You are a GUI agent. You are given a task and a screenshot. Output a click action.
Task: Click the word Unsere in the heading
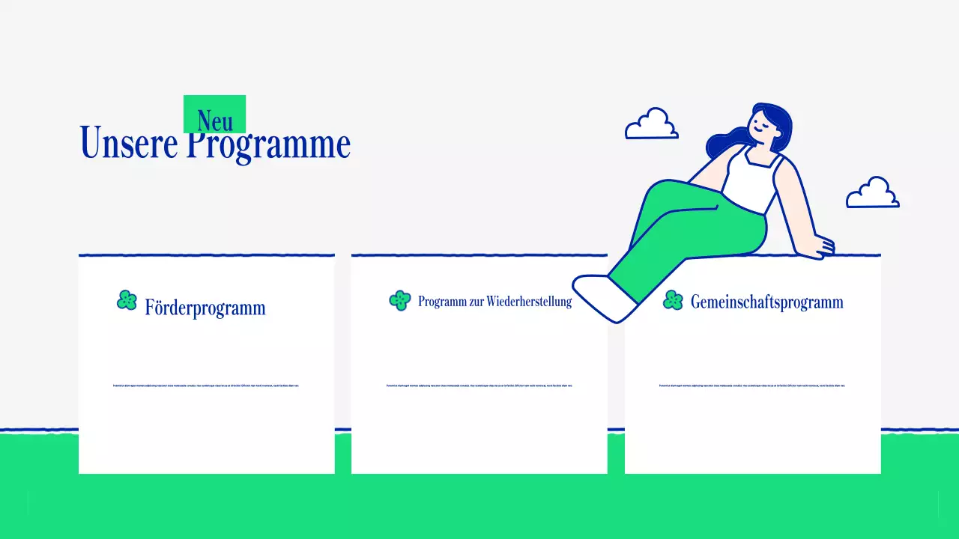click(128, 143)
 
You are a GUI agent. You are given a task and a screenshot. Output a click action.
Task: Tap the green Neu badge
click(214, 114)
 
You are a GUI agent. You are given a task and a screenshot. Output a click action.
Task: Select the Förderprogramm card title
click(205, 308)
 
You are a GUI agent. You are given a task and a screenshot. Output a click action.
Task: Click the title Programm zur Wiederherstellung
click(494, 302)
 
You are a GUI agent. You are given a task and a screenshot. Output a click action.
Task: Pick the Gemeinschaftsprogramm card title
click(766, 302)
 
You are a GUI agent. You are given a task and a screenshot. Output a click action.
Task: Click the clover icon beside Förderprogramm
click(127, 301)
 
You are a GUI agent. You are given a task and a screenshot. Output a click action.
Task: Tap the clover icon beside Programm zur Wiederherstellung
click(400, 300)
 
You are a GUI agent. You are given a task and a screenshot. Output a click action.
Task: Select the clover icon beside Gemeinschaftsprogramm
click(673, 300)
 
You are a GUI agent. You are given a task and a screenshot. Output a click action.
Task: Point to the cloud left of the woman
click(652, 125)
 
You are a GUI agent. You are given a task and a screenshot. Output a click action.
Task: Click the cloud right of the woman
click(872, 194)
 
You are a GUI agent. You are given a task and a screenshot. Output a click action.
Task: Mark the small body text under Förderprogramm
click(205, 386)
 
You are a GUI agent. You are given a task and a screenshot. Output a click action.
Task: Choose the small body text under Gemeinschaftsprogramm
click(751, 386)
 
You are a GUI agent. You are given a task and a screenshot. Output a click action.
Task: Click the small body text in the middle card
click(479, 386)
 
